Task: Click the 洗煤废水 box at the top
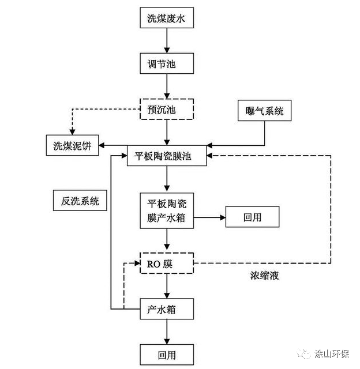pyautogui.click(x=166, y=18)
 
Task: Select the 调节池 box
pyautogui.click(x=166, y=63)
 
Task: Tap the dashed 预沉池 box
pyautogui.click(x=166, y=108)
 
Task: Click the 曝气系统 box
pyautogui.click(x=264, y=111)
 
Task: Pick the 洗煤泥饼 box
pyautogui.click(x=72, y=145)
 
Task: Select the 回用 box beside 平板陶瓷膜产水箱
pyautogui.click(x=252, y=218)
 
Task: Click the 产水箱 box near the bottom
pyautogui.click(x=166, y=310)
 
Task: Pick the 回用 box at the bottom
pyautogui.click(x=166, y=353)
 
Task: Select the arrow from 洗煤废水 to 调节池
pyautogui.click(x=166, y=40)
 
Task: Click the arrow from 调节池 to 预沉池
pyautogui.click(x=166, y=85)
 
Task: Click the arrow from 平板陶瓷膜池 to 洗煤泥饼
pyautogui.click(x=113, y=148)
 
